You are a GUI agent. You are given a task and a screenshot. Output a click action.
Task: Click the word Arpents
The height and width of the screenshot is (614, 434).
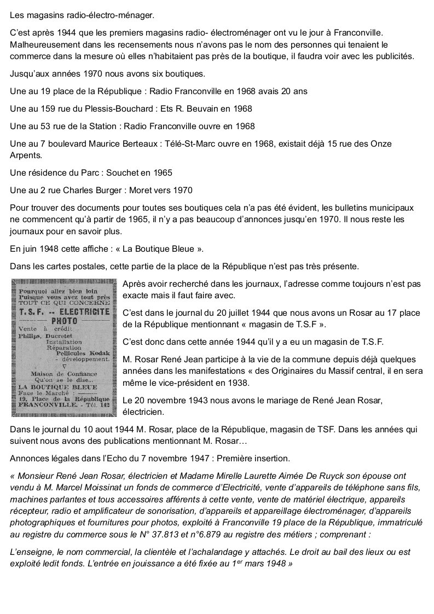[x=25, y=155]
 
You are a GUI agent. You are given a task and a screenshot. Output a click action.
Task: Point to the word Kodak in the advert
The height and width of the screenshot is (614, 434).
[x=99, y=354]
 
